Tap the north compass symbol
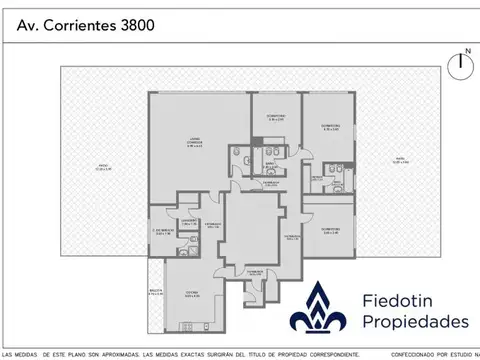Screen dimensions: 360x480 [x=461, y=65]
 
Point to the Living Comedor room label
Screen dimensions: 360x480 [x=196, y=143]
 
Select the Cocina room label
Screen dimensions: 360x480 [x=188, y=294]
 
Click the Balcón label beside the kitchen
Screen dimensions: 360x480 [x=156, y=290]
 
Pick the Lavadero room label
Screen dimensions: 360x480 [x=187, y=221]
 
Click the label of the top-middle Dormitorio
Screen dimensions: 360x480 [x=276, y=117]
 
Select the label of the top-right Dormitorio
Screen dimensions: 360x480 [x=330, y=127]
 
